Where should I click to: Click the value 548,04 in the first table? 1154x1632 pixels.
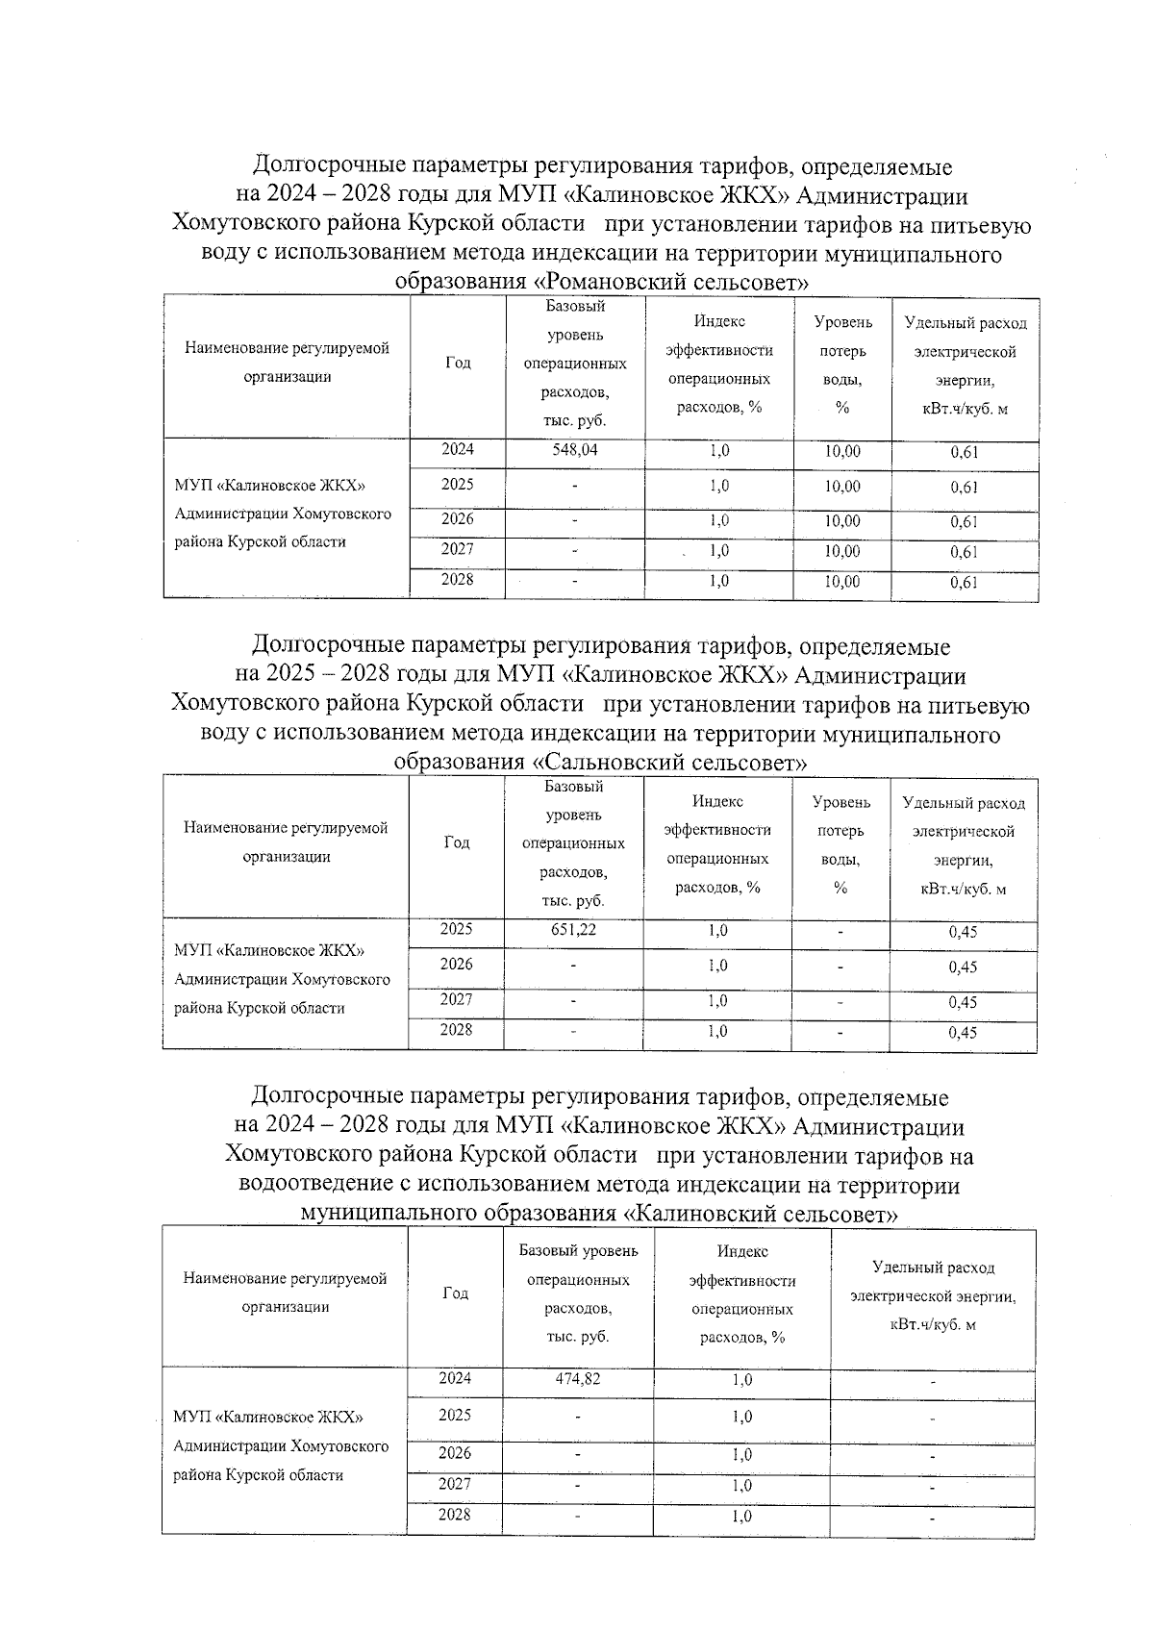click(574, 450)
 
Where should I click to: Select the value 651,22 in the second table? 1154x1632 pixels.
click(573, 930)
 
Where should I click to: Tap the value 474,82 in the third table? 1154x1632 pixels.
click(577, 1378)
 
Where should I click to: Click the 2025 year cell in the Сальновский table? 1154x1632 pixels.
click(456, 930)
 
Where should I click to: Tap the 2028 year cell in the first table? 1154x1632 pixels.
click(457, 580)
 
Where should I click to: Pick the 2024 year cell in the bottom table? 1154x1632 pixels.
click(455, 1378)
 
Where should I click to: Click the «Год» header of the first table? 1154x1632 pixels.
click(458, 363)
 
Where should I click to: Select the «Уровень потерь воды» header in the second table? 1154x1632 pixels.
click(840, 844)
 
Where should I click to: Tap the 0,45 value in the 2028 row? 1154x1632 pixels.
click(962, 1033)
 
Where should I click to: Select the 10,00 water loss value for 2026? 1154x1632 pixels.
click(842, 521)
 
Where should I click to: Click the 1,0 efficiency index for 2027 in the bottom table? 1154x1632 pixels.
click(741, 1485)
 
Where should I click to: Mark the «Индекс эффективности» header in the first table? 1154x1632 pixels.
click(718, 364)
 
